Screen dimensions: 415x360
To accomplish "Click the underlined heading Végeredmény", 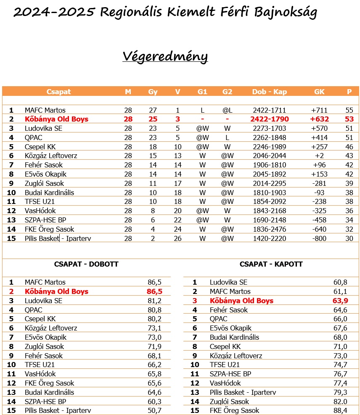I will (165, 56).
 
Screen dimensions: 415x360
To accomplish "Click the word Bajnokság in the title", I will (286, 12).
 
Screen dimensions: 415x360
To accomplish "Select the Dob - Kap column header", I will (269, 92).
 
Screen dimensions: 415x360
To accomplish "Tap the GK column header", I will (319, 92).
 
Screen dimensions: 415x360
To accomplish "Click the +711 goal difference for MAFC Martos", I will (319, 110).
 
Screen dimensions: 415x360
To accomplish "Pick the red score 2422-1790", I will (269, 119).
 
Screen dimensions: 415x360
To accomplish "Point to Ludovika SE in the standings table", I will (43, 129).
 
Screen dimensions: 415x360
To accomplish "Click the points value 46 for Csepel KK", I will (349, 147).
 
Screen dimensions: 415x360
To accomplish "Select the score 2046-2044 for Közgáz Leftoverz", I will (269, 156).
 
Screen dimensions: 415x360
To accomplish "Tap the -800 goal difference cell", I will (319, 238).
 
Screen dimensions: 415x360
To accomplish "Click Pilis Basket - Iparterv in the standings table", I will (58, 238).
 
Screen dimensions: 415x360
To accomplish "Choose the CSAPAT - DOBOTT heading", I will (86, 264).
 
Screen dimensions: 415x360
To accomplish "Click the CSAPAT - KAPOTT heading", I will (271, 264).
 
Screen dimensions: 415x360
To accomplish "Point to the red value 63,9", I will (340, 301).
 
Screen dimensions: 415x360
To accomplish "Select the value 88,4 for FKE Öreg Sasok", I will (340, 410).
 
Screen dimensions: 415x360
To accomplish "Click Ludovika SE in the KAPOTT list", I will (228, 282).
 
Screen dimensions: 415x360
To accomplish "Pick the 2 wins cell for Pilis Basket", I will (153, 238).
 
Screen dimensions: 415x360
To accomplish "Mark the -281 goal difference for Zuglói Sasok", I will (319, 183).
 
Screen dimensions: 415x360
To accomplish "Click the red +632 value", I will (319, 119).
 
